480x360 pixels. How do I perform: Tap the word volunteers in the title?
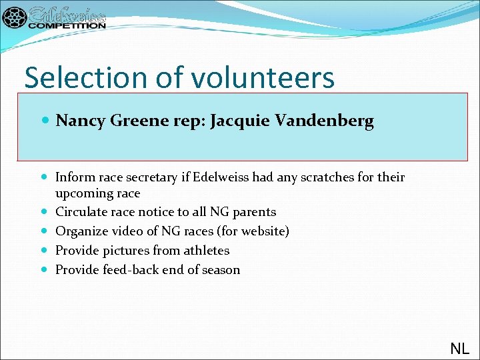[x=263, y=77]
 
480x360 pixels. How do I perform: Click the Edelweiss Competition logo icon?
[x=15, y=17]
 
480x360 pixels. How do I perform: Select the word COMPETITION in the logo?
[x=67, y=25]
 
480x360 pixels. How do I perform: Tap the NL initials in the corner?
[x=459, y=348]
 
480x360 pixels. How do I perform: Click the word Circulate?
[x=80, y=212]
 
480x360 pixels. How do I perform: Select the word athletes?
[x=203, y=251]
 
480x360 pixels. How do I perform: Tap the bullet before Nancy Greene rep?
[x=45, y=121]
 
